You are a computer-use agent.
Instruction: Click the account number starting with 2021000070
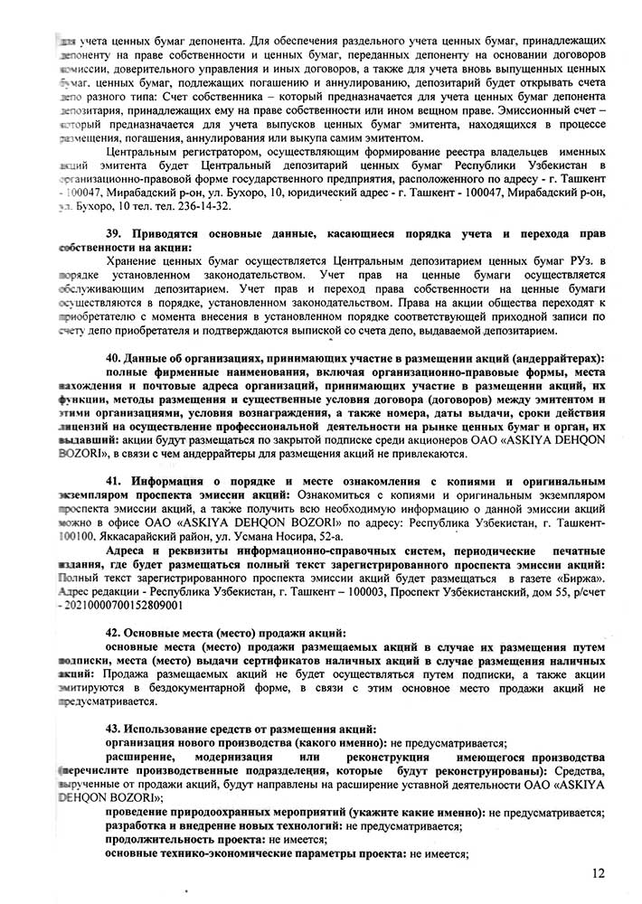click(x=121, y=578)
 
